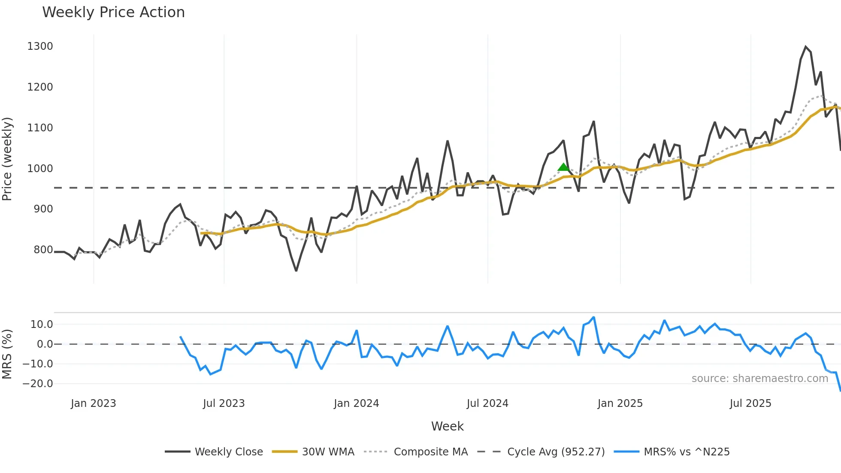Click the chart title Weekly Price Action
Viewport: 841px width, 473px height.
click(x=113, y=12)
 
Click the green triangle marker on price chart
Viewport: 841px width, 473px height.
click(x=563, y=167)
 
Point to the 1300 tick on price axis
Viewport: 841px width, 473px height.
click(x=40, y=46)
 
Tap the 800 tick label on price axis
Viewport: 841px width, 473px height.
click(x=43, y=249)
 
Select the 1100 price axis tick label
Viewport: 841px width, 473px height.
click(x=40, y=127)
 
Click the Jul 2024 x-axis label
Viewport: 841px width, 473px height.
click(x=487, y=403)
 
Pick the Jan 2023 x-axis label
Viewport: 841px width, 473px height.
click(x=93, y=403)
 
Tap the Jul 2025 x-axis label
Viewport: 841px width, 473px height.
click(x=750, y=403)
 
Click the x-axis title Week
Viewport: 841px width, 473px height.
click(x=447, y=426)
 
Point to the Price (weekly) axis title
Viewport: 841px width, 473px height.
click(x=7, y=159)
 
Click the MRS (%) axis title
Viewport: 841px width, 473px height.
click(x=7, y=354)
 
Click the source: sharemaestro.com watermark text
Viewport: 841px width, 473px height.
click(x=759, y=378)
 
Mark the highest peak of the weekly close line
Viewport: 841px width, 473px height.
click(x=805, y=47)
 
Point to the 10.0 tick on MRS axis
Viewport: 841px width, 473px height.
click(x=42, y=324)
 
